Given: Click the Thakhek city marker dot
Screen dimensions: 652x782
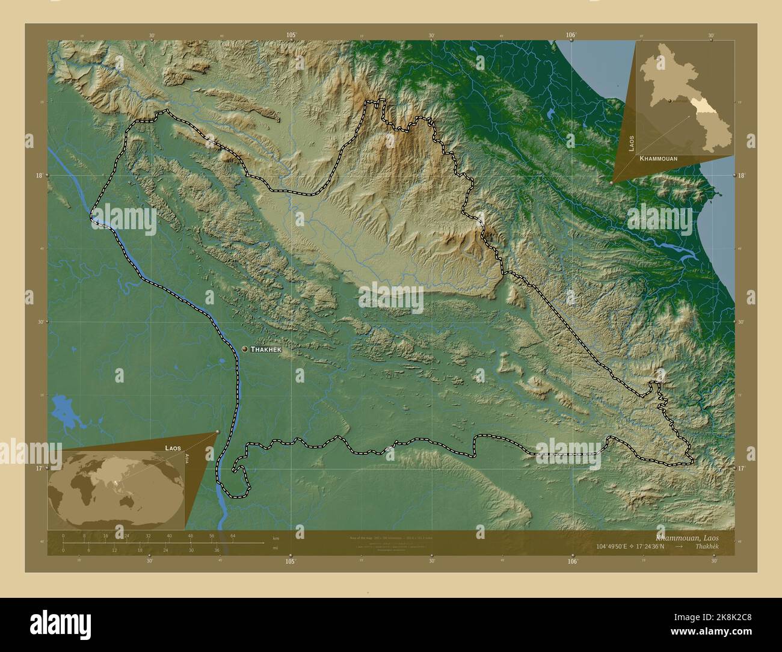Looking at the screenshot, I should point(245,349).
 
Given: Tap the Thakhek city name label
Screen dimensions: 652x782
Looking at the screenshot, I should point(265,349).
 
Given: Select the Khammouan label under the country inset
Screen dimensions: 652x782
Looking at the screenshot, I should point(659,158).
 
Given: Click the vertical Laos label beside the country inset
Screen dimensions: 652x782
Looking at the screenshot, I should point(632,143).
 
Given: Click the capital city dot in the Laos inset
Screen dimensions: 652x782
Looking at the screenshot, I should point(670,101).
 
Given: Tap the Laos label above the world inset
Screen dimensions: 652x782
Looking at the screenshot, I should point(173,448).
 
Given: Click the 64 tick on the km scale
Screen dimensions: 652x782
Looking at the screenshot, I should point(233,535).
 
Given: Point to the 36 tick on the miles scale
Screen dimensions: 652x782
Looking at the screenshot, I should point(217,550).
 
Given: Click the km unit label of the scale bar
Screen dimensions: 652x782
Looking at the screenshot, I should point(276,538).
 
